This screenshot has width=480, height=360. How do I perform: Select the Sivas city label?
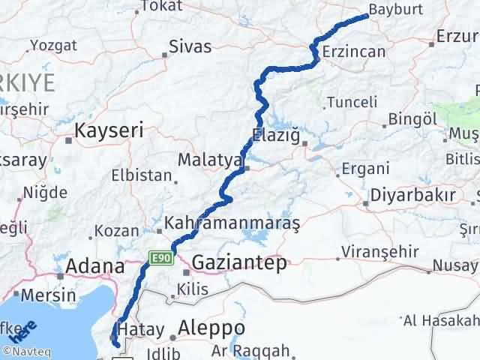click(190, 46)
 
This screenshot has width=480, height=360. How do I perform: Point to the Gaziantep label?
click(240, 262)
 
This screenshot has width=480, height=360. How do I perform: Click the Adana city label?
click(96, 266)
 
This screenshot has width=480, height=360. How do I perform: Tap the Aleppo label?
click(212, 328)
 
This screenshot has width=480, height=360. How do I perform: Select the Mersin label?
click(49, 295)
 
